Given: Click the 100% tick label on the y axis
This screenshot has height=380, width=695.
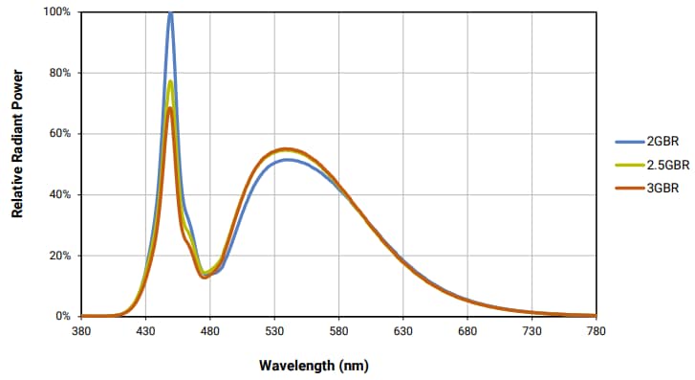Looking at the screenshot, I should point(56,12).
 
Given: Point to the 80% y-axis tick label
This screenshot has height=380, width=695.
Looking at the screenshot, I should point(59,73).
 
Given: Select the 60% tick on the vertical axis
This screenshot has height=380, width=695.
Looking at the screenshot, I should point(59,134).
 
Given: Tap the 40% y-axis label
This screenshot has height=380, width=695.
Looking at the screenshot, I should point(59,194).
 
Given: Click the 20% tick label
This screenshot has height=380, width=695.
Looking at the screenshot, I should point(59,256).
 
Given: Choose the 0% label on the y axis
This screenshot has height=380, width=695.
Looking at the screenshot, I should point(62,316).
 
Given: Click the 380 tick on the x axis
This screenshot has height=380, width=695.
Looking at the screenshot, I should point(81,331).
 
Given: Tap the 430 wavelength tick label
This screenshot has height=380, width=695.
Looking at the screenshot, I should point(145,331).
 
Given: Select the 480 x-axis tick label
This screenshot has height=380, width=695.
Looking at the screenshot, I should point(210,331).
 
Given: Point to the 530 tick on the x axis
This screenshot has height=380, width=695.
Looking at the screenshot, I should point(274,331).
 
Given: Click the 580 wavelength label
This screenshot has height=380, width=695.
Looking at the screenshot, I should point(339,331).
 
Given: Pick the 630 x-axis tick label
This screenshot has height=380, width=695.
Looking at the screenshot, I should point(403,331).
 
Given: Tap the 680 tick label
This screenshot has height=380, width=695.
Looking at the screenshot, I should point(467,331).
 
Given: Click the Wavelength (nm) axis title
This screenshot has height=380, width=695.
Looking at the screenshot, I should point(313,366).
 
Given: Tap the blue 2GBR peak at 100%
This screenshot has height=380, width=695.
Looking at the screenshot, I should point(170,13).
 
